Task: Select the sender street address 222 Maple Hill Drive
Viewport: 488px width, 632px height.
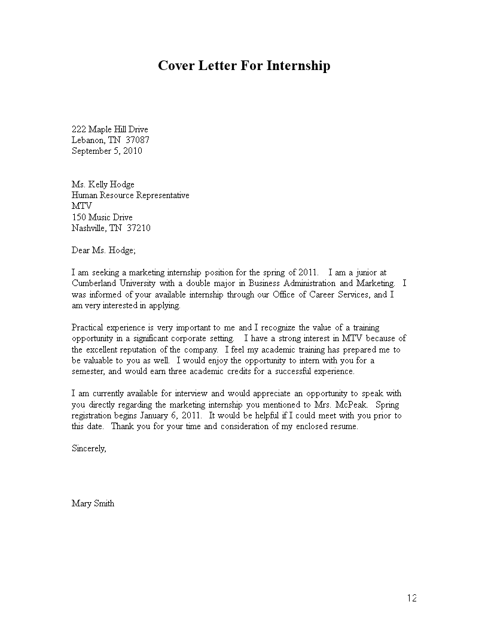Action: (109, 129)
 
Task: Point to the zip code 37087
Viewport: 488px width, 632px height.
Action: (138, 140)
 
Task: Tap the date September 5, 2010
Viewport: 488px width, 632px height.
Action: (106, 151)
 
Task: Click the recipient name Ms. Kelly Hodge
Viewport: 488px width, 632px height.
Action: (103, 184)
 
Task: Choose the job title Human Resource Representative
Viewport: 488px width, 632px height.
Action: (130, 195)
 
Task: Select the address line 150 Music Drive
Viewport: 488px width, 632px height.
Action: (102, 217)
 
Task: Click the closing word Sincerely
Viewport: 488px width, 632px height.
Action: (89, 448)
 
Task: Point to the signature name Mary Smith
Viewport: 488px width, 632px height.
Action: (93, 503)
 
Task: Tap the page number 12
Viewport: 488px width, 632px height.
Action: (412, 598)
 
